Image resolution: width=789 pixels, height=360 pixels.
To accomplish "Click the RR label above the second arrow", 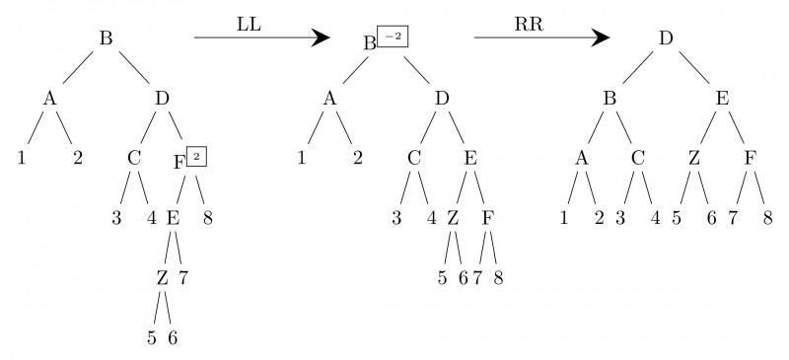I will click(x=528, y=21).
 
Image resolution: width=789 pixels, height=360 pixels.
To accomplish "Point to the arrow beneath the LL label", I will click(x=260, y=38).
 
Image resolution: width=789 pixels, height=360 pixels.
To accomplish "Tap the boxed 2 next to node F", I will click(x=196, y=156).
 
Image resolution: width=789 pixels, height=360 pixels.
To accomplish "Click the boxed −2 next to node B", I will click(x=393, y=37).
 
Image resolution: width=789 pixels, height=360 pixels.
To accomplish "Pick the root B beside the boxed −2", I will click(x=370, y=42).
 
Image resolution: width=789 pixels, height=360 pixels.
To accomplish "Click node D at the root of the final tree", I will click(x=666, y=38).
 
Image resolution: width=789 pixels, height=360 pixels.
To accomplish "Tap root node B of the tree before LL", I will click(x=106, y=38).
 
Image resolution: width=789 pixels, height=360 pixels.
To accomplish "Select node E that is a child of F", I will click(x=172, y=218).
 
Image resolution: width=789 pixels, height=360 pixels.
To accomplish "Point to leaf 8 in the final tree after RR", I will click(x=766, y=218).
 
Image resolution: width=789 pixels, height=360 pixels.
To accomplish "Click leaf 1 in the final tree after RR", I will click(x=564, y=218).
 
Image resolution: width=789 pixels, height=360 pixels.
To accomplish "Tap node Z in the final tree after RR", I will click(x=694, y=158).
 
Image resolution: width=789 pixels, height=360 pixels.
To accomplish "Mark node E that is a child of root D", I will click(x=722, y=98).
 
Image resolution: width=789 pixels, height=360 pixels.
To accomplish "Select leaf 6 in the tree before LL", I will click(x=174, y=337).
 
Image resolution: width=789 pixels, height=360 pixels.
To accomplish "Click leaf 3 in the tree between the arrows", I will click(x=396, y=218).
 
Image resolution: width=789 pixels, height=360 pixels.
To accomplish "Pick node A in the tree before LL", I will click(x=48, y=98).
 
